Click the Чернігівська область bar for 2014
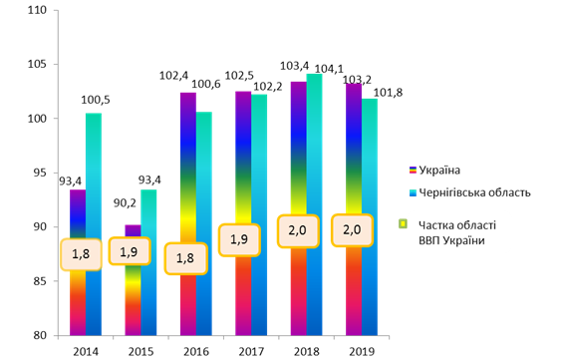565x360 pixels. coord(94,224)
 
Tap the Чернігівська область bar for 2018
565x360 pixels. coord(314,204)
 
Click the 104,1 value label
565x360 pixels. coord(329,69)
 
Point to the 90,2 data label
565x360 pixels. coord(125,203)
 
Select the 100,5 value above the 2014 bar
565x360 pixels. coord(95,100)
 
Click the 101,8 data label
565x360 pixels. coord(388,93)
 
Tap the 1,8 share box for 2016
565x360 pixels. coord(186,258)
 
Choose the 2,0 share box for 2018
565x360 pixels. coord(298,231)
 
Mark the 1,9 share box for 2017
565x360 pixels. coord(239,240)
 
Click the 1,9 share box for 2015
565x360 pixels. coord(130,251)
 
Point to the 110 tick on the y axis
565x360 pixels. coord(38,10)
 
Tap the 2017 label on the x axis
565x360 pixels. coord(251,351)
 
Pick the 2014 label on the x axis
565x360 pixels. coord(86,351)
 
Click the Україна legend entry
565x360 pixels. coord(434,170)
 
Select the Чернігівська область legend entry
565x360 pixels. coord(470,192)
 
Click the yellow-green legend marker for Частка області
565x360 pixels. coord(403,224)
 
